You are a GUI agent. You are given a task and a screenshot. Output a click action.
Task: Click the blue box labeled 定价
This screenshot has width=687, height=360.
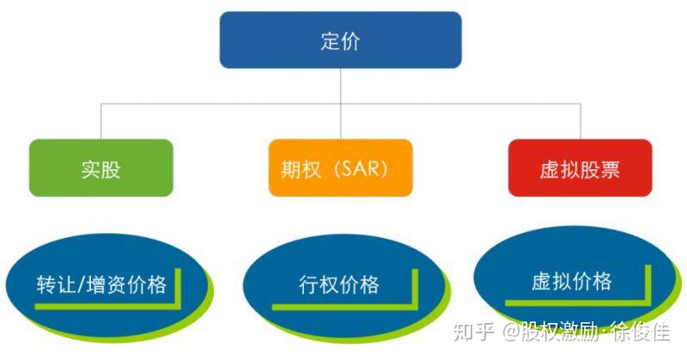pyautogui.click(x=341, y=40)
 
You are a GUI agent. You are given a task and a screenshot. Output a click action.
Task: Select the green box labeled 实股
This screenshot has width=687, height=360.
pyautogui.click(x=100, y=168)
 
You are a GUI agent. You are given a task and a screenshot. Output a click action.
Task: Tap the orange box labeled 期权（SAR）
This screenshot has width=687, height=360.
pyautogui.click(x=340, y=168)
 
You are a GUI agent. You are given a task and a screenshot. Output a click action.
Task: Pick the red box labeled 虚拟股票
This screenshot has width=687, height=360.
pyautogui.click(x=580, y=168)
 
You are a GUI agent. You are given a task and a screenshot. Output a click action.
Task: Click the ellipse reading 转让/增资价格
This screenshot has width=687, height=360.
pyautogui.click(x=101, y=284)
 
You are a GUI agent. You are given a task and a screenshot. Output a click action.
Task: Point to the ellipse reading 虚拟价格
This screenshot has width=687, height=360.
pyautogui.click(x=571, y=282)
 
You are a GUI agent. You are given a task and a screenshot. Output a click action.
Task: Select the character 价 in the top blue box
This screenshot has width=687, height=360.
pyautogui.click(x=351, y=40)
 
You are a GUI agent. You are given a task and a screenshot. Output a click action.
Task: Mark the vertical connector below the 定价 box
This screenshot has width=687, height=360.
pyautogui.click(x=341, y=86)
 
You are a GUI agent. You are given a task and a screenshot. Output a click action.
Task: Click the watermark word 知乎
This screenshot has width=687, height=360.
pyautogui.click(x=472, y=331)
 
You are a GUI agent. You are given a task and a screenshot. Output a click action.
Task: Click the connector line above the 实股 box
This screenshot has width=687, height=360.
pyautogui.click(x=100, y=121)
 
